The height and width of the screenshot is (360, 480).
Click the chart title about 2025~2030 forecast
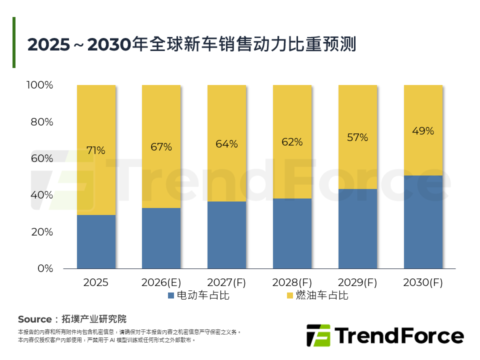(x=191, y=44)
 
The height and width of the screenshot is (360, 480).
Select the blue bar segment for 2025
(x=96, y=241)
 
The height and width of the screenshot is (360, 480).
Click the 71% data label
(x=96, y=150)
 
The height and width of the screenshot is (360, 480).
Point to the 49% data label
(x=423, y=131)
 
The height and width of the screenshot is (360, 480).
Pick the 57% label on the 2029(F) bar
(x=357, y=137)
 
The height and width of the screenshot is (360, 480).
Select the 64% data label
(x=226, y=144)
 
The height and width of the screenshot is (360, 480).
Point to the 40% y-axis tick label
(x=42, y=195)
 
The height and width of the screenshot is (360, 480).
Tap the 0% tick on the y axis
(x=45, y=268)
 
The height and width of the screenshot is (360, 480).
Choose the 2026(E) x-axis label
(x=161, y=282)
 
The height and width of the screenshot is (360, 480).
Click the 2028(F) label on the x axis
(x=292, y=282)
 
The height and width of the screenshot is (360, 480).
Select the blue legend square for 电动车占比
(x=171, y=295)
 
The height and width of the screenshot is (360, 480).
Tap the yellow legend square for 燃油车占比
(x=290, y=295)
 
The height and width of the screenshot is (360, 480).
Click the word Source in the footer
(x=34, y=319)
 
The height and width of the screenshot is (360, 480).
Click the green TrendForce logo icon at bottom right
(x=318, y=335)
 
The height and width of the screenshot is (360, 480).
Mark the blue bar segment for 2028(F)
(x=292, y=233)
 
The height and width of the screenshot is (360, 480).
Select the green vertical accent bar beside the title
(x=14, y=42)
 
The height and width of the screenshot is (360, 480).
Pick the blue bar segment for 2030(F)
(x=423, y=222)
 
